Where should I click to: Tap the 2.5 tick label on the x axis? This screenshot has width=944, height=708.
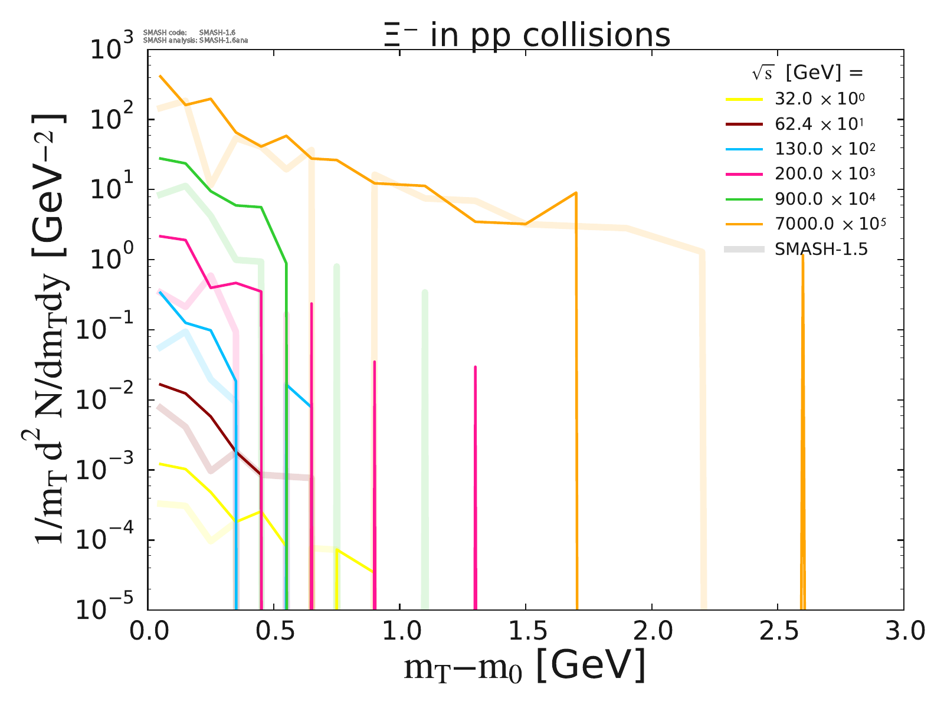click(778, 631)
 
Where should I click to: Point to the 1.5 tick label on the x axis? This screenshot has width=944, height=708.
click(526, 631)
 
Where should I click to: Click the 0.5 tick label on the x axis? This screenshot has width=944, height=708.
click(274, 631)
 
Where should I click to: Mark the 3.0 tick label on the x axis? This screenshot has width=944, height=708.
click(903, 631)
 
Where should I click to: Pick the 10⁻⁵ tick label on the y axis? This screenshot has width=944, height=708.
click(103, 609)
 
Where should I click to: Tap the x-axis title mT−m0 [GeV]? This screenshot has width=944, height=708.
click(525, 667)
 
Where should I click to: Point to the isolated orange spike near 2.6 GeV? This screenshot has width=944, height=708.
click(802, 413)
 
